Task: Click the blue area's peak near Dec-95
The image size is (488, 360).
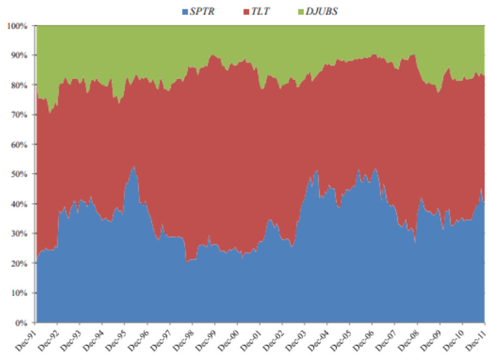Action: point(133,167)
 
